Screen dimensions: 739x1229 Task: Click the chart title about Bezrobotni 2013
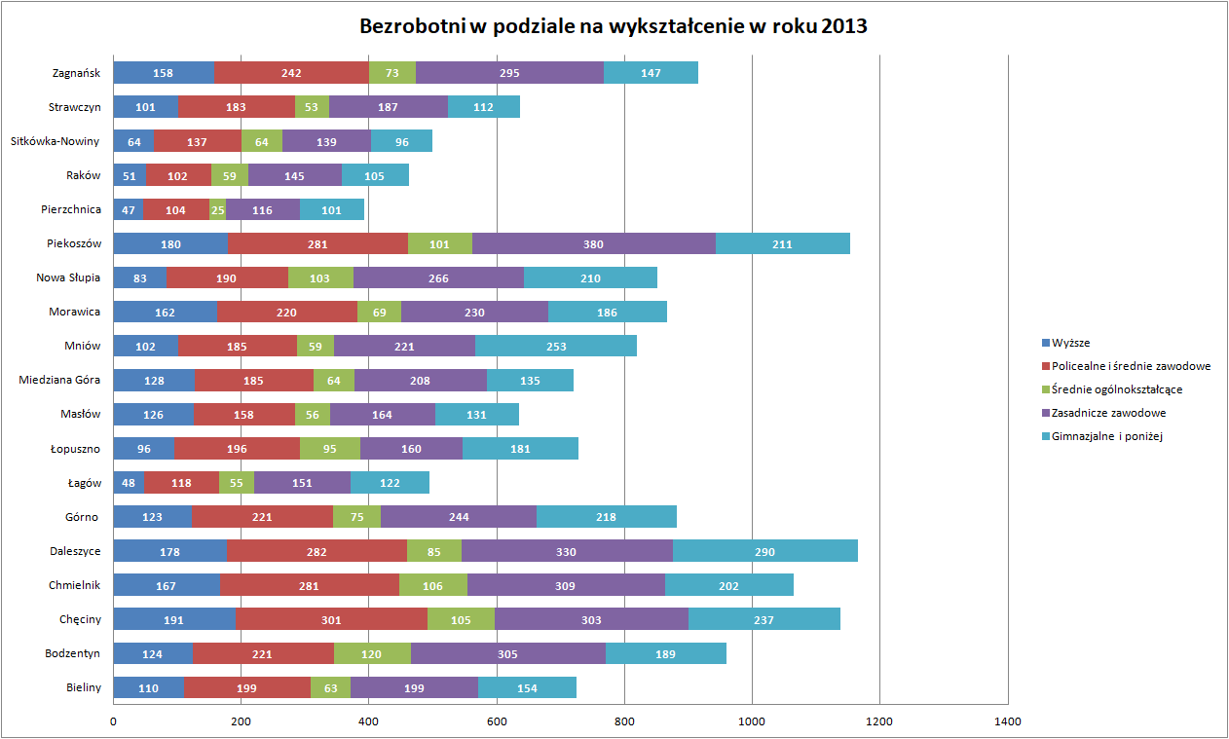[614, 26]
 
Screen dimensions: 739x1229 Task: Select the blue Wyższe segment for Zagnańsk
[164, 73]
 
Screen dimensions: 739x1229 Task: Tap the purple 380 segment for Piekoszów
[594, 243]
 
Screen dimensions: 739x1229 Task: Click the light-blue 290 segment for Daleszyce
[764, 552]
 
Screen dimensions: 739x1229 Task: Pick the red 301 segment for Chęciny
[331, 620]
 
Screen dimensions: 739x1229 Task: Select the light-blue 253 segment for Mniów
[555, 346]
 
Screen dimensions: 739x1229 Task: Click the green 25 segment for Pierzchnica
[217, 209]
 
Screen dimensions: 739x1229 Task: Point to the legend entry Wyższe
[1072, 343]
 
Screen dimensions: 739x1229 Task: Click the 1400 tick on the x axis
[1008, 721]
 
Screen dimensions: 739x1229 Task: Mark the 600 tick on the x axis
[497, 721]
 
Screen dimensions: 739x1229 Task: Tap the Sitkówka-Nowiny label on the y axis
[55, 141]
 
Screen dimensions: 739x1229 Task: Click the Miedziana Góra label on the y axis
[59, 380]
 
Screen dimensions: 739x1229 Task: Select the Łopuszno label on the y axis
[75, 448]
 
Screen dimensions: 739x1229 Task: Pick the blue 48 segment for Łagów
[129, 483]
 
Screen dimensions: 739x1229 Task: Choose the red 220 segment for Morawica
[287, 312]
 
